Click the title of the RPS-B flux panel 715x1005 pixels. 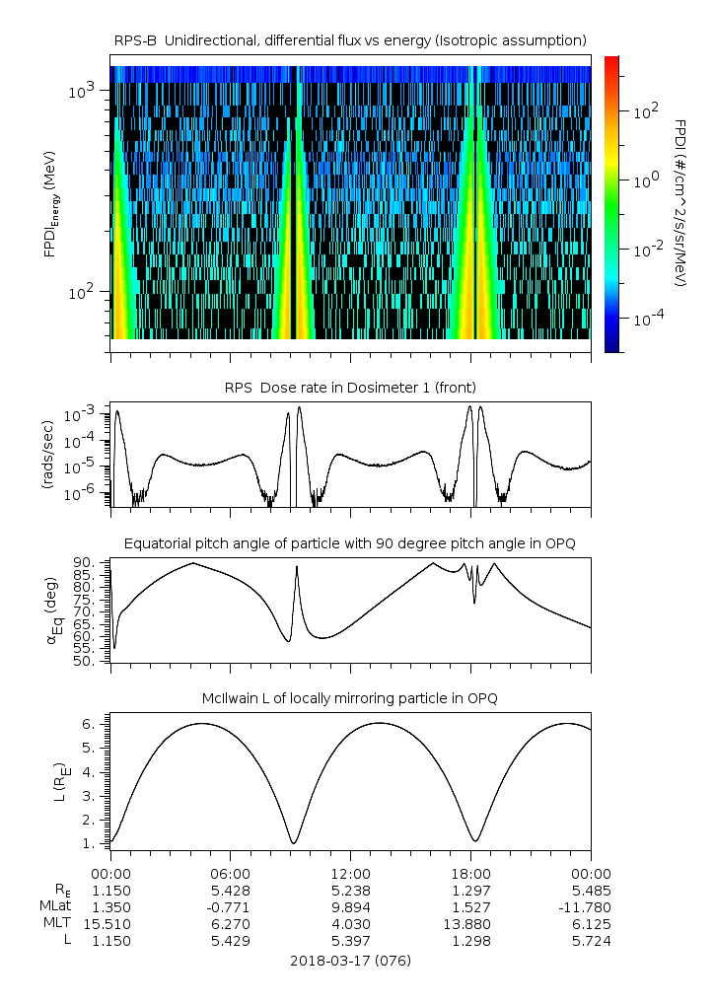(x=350, y=39)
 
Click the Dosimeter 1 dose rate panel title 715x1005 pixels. (x=350, y=386)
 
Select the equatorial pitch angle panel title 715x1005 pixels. (x=350, y=543)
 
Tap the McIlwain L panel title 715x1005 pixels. (x=350, y=698)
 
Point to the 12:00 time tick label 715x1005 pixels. (x=350, y=873)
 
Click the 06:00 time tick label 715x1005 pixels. (x=231, y=873)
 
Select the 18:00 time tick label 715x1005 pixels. (x=470, y=873)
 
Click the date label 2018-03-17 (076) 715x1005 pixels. (x=350, y=960)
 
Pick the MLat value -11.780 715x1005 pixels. (x=591, y=906)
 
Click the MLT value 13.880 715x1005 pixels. (x=470, y=923)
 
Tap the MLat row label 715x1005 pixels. (x=55, y=906)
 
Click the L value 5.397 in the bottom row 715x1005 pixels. (x=350, y=940)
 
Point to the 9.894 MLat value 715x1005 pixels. (x=350, y=906)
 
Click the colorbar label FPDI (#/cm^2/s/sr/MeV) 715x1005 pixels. (x=679, y=202)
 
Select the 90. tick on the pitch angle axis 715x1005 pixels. (x=84, y=563)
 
